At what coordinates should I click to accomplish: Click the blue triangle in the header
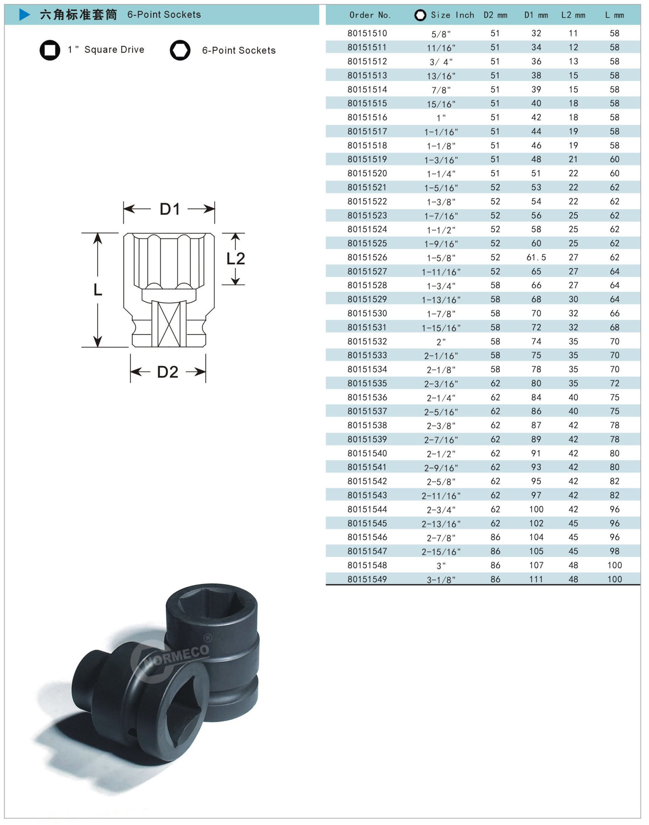24,15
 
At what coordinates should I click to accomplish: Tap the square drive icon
50,50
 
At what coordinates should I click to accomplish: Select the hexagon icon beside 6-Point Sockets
180,50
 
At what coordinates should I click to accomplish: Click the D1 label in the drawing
169,209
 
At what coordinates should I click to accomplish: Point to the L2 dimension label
236,259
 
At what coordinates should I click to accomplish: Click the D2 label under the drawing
168,372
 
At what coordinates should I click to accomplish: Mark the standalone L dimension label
98,290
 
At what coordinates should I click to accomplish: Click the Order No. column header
370,15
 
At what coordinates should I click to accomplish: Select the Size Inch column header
452,15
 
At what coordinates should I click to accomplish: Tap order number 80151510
367,33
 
